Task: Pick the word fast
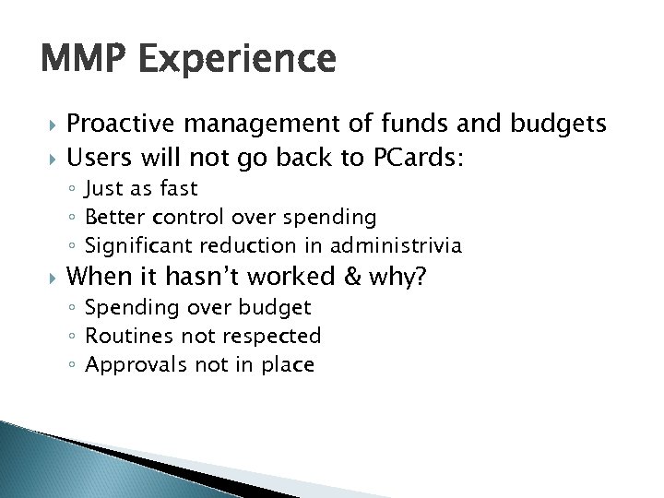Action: pyautogui.click(x=178, y=190)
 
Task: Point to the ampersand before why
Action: pyautogui.click(x=349, y=276)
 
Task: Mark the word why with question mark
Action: pyautogui.click(x=393, y=277)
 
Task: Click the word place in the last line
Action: pyautogui.click(x=289, y=365)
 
